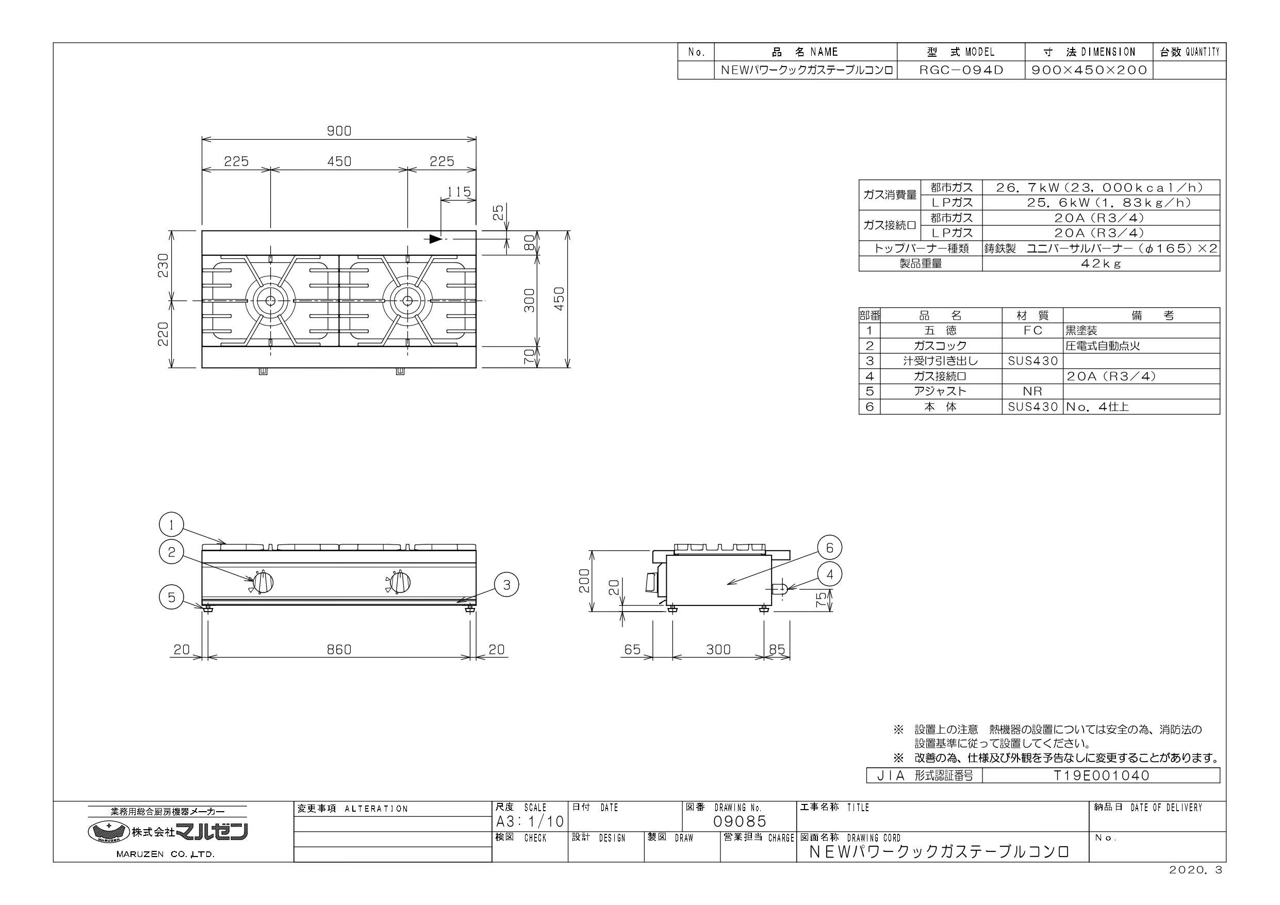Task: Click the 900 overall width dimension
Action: click(339, 131)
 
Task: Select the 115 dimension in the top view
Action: click(460, 192)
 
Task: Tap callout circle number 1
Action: click(172, 525)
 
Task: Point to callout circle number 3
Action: click(507, 585)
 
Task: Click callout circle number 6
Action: click(830, 548)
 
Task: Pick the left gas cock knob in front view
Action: click(262, 583)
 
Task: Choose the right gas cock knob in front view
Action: click(399, 583)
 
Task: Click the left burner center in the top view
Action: click(270, 301)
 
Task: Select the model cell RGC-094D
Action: click(960, 70)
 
